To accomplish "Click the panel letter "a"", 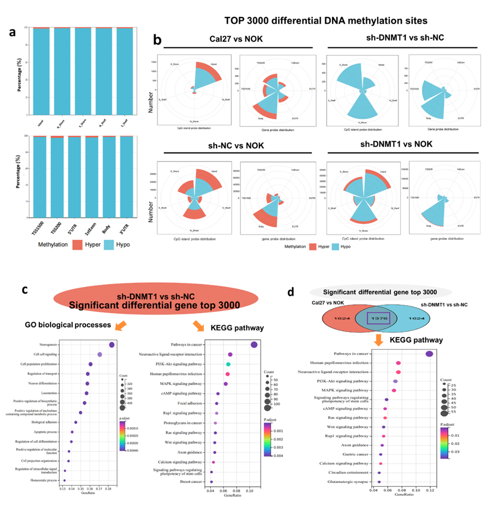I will click(x=11, y=33).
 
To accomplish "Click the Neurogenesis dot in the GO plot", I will click(x=111, y=345).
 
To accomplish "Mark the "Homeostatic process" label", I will click(x=46, y=480).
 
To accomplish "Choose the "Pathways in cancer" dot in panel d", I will click(x=429, y=354).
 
